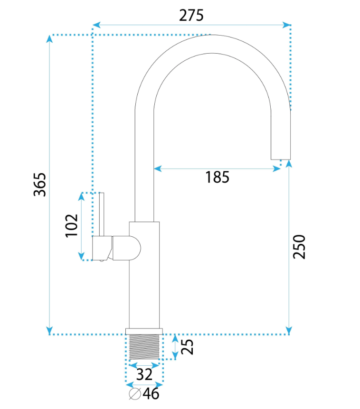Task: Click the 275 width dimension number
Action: coord(191,15)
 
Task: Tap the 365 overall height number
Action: coord(40,185)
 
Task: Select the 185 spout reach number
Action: coord(217,177)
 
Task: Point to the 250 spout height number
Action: coord(299,247)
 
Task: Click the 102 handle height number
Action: coord(72,226)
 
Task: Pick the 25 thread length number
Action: coord(187,347)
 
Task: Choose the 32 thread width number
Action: coord(144,374)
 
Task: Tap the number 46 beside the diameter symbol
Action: coord(151,394)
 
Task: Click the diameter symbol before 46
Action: coord(135,394)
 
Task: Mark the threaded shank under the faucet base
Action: coord(144,347)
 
